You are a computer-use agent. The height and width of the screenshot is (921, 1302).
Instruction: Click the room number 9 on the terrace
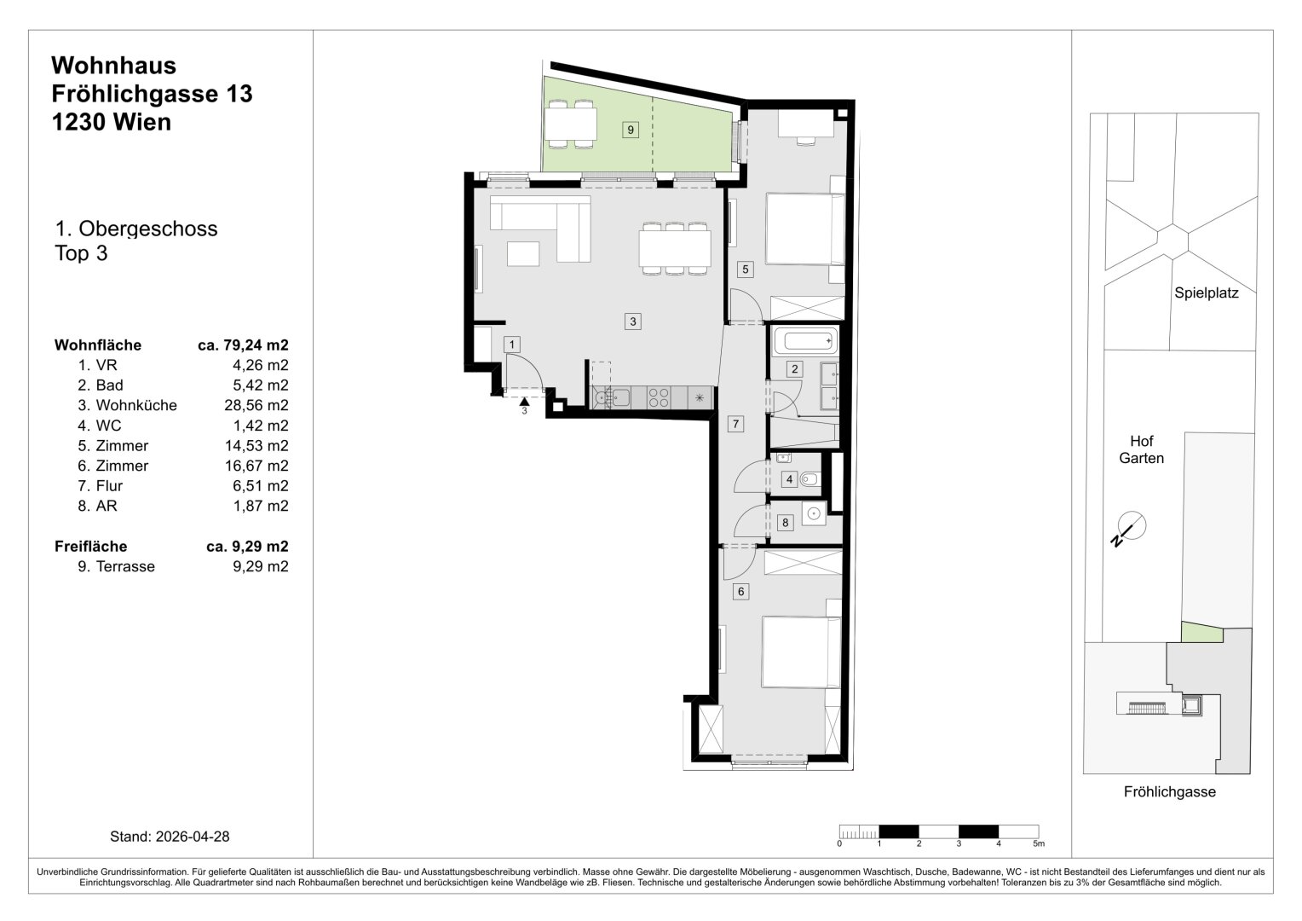point(630,129)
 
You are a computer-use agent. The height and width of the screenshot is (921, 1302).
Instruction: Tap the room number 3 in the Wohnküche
point(632,321)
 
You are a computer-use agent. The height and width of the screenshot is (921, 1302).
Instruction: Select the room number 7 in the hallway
point(735,424)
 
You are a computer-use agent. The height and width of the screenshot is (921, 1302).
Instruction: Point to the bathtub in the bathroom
point(805,340)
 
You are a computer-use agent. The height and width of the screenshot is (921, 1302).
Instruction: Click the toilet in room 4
point(809,479)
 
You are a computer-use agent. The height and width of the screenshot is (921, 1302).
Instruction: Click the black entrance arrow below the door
point(524,401)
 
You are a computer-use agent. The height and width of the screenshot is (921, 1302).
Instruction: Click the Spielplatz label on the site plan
point(1206,293)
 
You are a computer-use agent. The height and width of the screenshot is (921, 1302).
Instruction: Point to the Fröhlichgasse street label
point(1169,791)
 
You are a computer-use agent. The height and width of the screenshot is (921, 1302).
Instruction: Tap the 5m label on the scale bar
point(1038,843)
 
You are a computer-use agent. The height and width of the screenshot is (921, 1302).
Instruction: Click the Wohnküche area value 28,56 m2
point(256,405)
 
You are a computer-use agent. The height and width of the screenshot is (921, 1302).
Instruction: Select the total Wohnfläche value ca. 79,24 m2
point(243,345)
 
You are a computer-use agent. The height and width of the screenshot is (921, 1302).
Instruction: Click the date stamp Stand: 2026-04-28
point(170,836)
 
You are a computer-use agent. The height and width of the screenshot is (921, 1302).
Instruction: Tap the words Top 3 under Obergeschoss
point(81,253)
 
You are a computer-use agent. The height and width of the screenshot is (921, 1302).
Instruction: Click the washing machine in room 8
point(814,513)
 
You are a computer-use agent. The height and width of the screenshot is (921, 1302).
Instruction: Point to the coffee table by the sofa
point(523,253)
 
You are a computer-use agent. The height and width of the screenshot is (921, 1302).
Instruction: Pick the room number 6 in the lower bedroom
point(740,592)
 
